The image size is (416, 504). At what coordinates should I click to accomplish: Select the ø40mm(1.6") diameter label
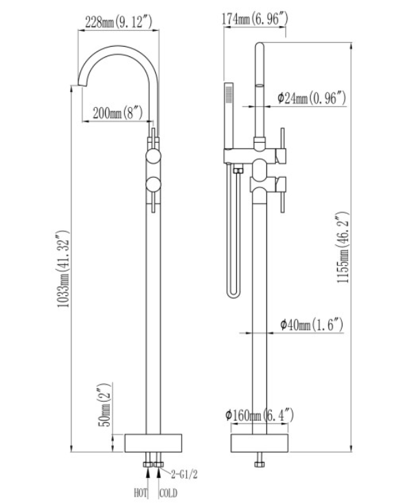311,324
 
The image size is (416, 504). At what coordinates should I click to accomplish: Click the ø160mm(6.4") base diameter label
259,415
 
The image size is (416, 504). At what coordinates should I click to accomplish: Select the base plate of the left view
154,443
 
